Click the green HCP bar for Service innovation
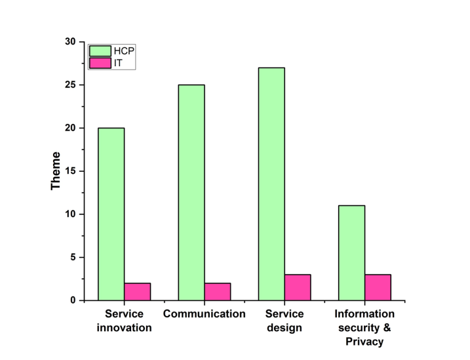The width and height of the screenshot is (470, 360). (x=111, y=214)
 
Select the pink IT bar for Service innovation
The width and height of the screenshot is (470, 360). (x=138, y=292)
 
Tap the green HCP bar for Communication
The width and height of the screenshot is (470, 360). (x=191, y=192)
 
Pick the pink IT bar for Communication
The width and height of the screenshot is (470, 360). (x=218, y=292)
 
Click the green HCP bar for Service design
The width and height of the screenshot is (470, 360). (x=271, y=184)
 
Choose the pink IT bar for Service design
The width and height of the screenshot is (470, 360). (x=298, y=287)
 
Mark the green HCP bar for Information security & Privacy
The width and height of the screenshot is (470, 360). (x=351, y=252)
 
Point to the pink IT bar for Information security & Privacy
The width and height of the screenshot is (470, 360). (x=378, y=287)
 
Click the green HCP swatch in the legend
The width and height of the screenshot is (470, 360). (x=100, y=50)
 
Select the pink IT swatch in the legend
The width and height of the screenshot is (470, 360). (x=100, y=63)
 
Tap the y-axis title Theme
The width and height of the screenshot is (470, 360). (x=56, y=171)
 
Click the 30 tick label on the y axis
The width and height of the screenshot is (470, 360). (x=70, y=42)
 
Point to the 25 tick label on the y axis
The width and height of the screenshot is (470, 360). (x=70, y=85)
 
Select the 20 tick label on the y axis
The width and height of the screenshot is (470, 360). (x=70, y=128)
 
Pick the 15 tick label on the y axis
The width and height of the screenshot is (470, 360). (x=70, y=171)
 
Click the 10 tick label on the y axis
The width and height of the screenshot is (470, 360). (x=70, y=214)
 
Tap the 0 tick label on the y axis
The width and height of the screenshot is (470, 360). (x=73, y=300)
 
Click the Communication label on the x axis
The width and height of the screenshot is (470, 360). (x=205, y=314)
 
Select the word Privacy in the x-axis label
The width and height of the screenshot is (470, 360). (x=364, y=342)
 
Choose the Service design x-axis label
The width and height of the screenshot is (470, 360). (x=284, y=321)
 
